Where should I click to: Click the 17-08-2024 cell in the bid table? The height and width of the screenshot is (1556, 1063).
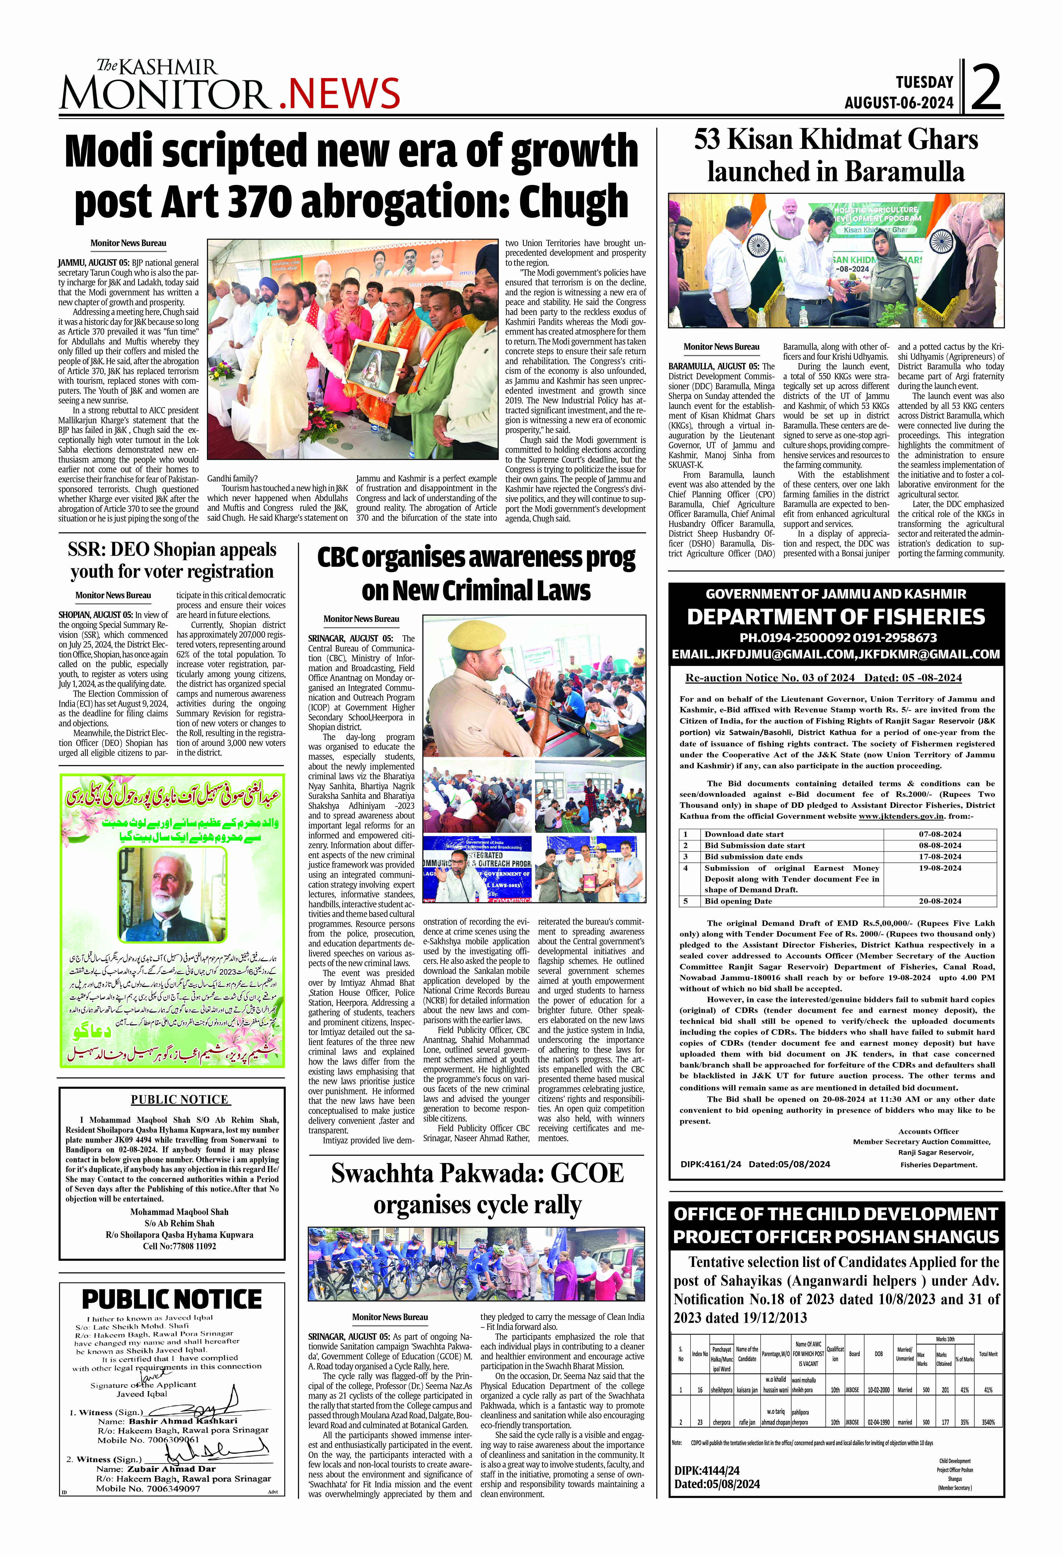940,856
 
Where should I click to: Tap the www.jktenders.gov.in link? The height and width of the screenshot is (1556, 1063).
901,816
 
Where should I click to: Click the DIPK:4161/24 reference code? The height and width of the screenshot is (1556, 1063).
710,1164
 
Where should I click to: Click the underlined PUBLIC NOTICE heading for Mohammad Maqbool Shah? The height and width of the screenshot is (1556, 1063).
180,1099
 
